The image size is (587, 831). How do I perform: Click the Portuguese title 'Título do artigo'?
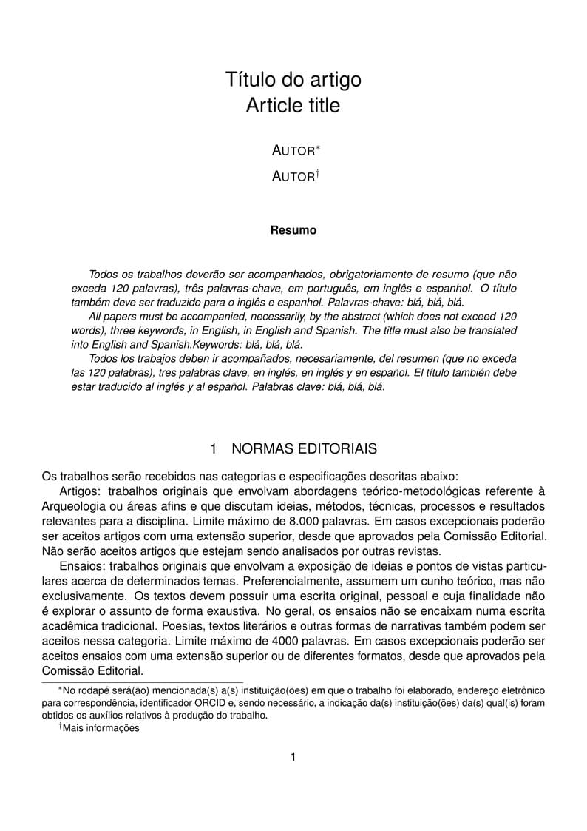(x=293, y=80)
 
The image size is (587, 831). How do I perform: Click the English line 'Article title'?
(x=293, y=106)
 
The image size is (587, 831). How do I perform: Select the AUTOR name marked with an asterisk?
(x=293, y=150)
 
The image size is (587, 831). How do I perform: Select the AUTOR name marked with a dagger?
(x=293, y=177)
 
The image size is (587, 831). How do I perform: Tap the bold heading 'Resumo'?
(x=293, y=230)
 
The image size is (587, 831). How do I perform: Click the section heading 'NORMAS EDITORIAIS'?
(x=304, y=448)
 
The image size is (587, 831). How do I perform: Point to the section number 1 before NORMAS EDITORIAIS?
(x=214, y=448)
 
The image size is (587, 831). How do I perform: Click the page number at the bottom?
(x=293, y=756)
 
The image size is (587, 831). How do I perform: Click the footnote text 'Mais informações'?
(x=101, y=728)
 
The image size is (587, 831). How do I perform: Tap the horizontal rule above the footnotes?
(x=142, y=682)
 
